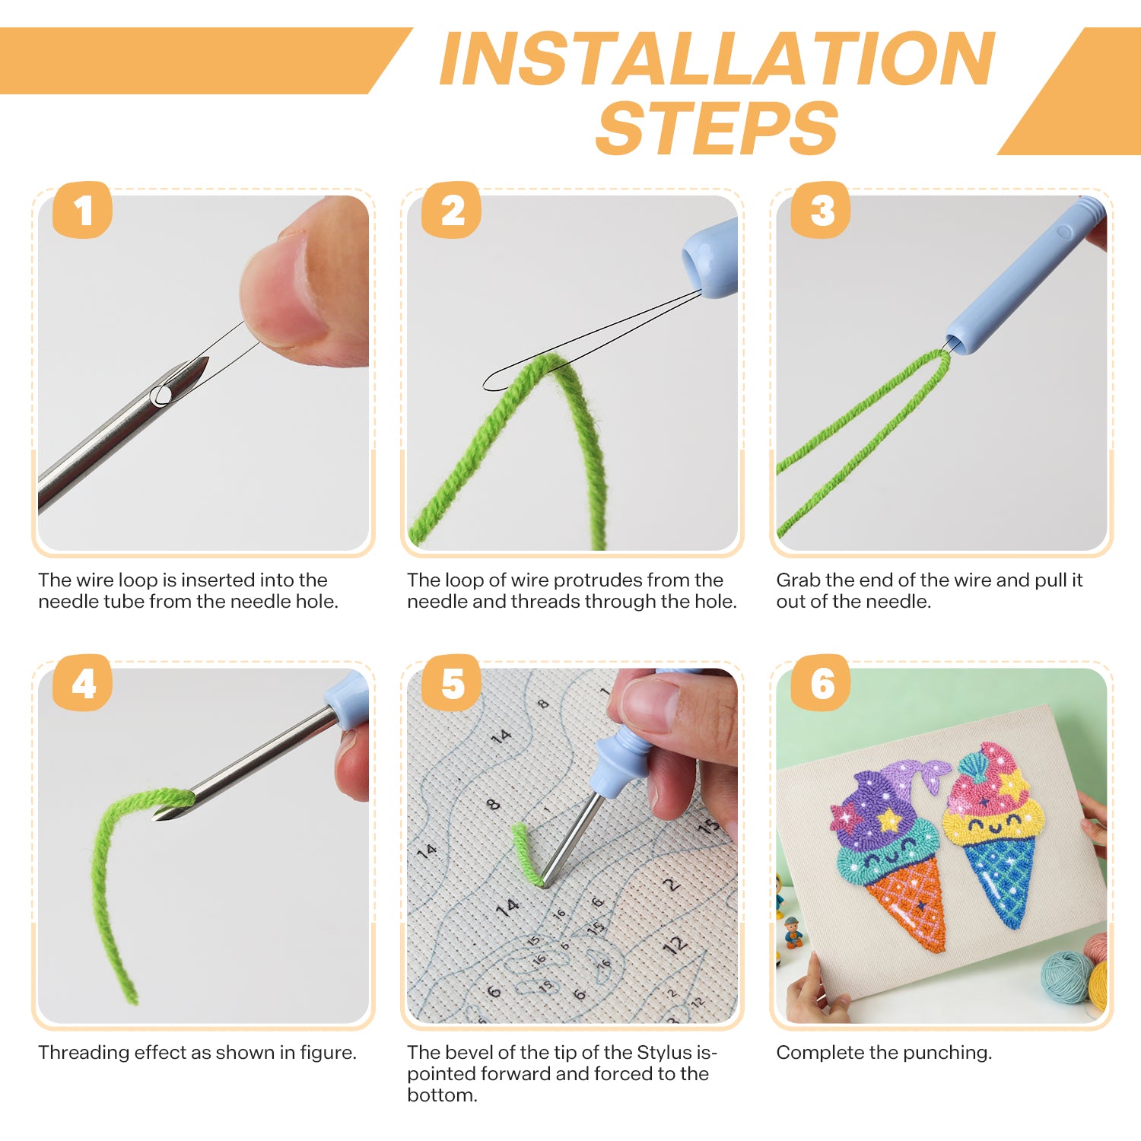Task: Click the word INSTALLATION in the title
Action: (x=717, y=59)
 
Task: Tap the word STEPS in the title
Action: (x=717, y=128)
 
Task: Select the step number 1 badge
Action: (x=82, y=210)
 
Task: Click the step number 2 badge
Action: (x=452, y=210)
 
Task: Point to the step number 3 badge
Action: (x=821, y=210)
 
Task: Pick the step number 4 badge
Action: (x=82, y=683)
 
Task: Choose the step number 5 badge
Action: (x=452, y=683)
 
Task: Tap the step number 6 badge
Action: (x=821, y=683)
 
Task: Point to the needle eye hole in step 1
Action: (x=161, y=396)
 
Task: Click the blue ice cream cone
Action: (x=997, y=875)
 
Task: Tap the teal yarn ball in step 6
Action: (x=1066, y=977)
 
